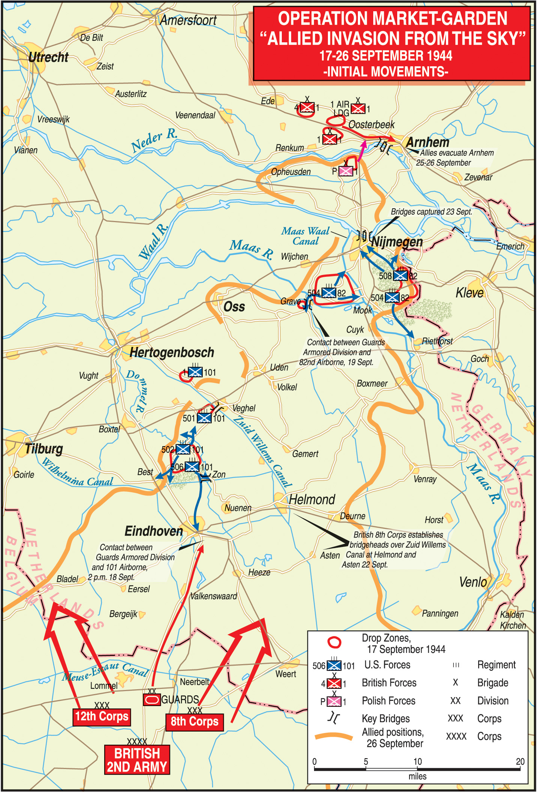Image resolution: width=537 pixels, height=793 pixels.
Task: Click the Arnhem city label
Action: coord(428,142)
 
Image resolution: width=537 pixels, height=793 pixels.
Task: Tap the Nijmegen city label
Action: coord(397,242)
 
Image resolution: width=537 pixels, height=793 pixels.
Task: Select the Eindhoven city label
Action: coord(154,531)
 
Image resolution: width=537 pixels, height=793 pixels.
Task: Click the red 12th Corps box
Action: coord(102,717)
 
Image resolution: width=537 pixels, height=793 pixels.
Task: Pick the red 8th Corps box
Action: coord(194,721)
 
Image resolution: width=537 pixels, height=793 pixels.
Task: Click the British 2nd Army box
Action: coord(137,760)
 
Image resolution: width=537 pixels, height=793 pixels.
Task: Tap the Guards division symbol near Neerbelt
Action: coord(152,700)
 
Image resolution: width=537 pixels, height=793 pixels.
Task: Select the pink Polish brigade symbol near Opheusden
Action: coord(346,171)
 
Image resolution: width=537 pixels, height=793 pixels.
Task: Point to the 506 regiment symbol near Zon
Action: coord(192,467)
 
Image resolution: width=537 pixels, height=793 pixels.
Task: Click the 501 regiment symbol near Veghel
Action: coord(204,418)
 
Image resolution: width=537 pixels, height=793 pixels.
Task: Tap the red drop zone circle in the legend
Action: coord(334,643)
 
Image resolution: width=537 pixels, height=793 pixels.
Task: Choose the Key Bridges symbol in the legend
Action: coord(334,718)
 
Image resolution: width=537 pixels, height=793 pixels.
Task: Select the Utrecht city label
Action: coord(48,57)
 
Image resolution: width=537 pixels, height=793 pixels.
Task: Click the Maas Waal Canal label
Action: coord(305,236)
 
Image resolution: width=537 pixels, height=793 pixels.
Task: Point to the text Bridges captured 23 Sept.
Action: coord(431,212)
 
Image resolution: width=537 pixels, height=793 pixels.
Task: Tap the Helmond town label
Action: coord(312,499)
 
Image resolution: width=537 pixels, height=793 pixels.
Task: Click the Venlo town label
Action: coord(473,582)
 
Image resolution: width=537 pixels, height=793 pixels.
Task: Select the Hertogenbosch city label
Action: coord(172,352)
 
